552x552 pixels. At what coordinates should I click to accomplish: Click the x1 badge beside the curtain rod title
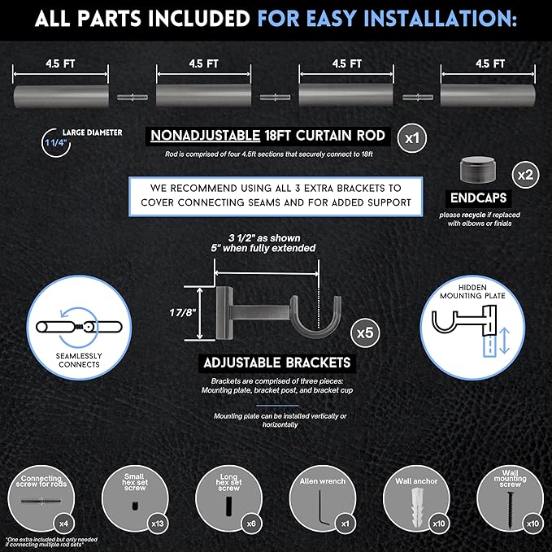pos(412,138)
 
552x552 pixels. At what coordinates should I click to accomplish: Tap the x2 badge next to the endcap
pos(525,175)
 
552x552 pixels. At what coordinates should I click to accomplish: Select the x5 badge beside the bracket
pos(365,333)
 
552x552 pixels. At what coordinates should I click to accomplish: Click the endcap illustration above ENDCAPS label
pos(478,171)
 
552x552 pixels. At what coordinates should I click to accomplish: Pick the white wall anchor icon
pos(416,507)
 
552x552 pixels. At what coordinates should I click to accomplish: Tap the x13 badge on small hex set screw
pos(158,524)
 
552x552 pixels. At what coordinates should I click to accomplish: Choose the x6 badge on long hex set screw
pos(251,524)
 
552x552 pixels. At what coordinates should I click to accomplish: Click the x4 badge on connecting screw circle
pos(63,524)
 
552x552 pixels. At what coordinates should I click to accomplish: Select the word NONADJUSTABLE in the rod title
pos(205,136)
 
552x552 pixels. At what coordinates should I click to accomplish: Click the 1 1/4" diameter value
pos(55,142)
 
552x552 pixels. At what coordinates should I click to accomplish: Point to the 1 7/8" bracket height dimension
pos(182,312)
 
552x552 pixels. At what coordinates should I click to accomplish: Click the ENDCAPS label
pos(478,198)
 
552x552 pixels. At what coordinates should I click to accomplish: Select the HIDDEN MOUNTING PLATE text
pos(472,292)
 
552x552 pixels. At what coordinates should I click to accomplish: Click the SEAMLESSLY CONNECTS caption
pos(79,360)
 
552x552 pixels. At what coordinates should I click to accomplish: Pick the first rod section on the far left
pos(61,96)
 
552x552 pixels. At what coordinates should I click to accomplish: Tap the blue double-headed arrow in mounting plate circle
pos(504,341)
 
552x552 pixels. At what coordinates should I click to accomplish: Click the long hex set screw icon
pos(228,506)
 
